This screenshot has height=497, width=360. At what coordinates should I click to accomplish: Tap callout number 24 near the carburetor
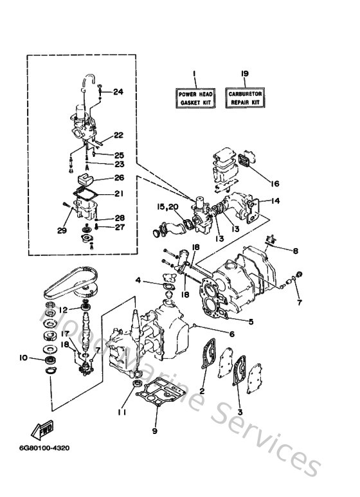point(118,92)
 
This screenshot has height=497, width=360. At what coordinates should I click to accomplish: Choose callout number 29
point(61,230)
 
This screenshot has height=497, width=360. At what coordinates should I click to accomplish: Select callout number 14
point(275,201)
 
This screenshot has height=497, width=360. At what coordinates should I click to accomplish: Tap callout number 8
point(296,251)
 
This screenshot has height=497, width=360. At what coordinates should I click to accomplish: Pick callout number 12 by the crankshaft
point(64,309)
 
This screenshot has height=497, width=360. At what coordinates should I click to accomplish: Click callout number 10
point(23,357)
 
